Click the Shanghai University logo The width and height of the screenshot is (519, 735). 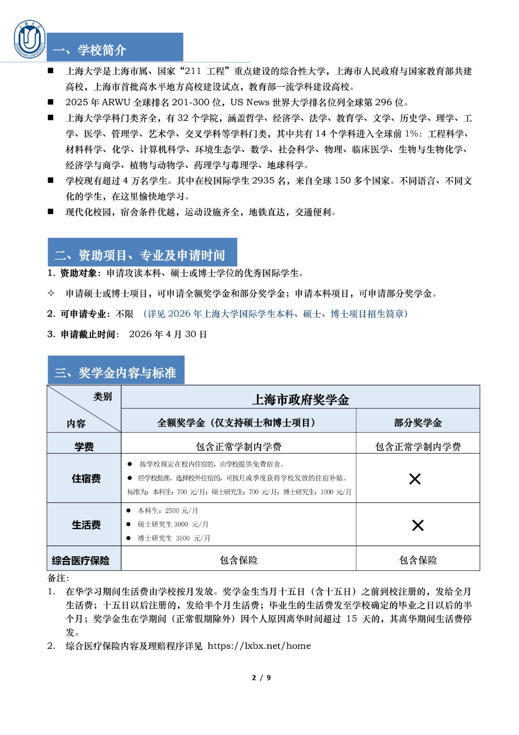pyautogui.click(x=30, y=40)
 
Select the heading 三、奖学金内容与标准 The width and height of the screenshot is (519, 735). pyautogui.click(x=115, y=373)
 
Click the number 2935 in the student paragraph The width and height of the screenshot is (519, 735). pyautogui.click(x=263, y=181)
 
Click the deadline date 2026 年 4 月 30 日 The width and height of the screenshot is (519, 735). pyautogui.click(x=168, y=334)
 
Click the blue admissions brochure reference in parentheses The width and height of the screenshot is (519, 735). pyautogui.click(x=275, y=314)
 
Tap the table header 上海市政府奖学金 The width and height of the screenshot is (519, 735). pyautogui.click(x=301, y=399)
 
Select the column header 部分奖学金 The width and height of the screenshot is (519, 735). pyautogui.click(x=418, y=423)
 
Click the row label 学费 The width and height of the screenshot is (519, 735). pyautogui.click(x=84, y=446)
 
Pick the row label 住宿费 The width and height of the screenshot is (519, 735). pyautogui.click(x=86, y=479)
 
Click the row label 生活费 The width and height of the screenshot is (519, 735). pyautogui.click(x=86, y=525)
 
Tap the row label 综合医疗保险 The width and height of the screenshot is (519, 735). pyautogui.click(x=81, y=560)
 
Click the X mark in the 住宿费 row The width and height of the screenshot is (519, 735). pyautogui.click(x=415, y=479)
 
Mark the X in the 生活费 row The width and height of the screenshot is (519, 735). pyautogui.click(x=418, y=525)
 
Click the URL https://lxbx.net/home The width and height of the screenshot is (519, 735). pyautogui.click(x=259, y=646)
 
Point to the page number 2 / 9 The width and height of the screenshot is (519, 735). pyautogui.click(x=261, y=678)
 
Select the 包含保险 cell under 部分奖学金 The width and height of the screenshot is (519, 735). pyautogui.click(x=418, y=560)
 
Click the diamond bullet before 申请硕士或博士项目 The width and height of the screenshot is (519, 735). pyautogui.click(x=51, y=293)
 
